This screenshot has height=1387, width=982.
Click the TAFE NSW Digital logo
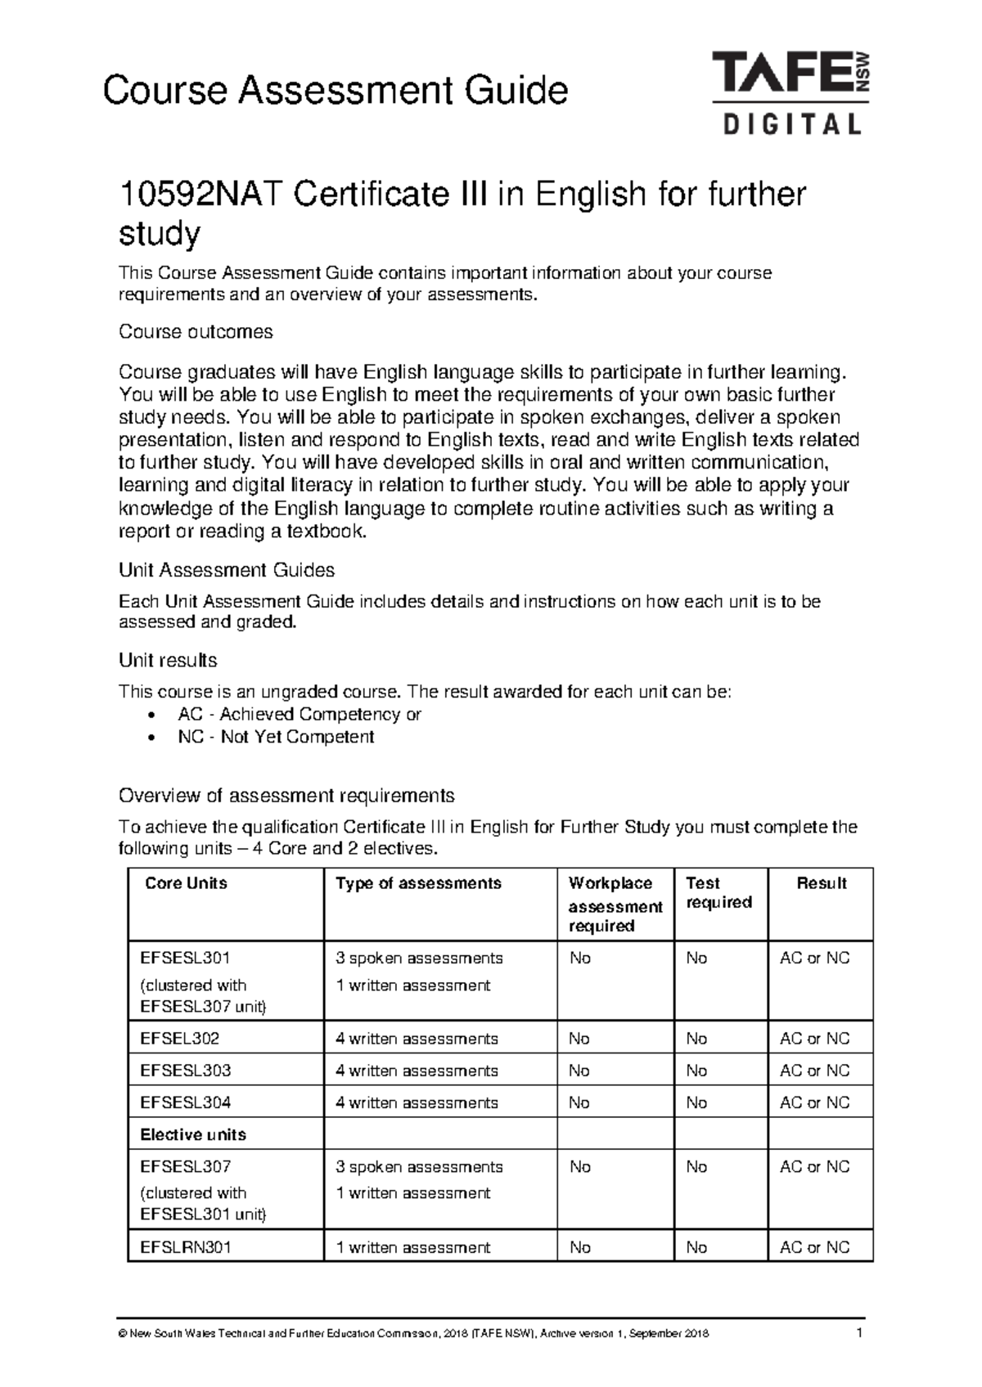point(790,92)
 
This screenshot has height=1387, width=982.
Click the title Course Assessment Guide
point(335,90)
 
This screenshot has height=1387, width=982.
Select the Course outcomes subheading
point(196,331)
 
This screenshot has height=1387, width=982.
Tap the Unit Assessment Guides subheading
point(227,570)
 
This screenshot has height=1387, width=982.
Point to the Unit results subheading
point(168,660)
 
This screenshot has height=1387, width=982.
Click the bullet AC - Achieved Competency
point(299,714)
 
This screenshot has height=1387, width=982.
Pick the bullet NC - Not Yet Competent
point(276,737)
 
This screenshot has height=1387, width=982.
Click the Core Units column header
point(186,883)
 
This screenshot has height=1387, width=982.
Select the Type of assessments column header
point(418,883)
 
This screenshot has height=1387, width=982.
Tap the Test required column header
point(718,893)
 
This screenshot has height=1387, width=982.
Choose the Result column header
point(822,883)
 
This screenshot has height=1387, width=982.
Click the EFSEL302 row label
point(180,1039)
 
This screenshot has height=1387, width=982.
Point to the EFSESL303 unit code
point(186,1071)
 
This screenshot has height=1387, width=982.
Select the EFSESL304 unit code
point(186,1102)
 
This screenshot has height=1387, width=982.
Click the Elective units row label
point(193,1134)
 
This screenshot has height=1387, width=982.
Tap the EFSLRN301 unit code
point(186,1247)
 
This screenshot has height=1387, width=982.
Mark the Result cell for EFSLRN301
point(815,1247)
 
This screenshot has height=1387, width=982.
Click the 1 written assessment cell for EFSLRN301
point(413,1247)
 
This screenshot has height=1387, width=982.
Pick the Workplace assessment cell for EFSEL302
point(579,1039)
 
